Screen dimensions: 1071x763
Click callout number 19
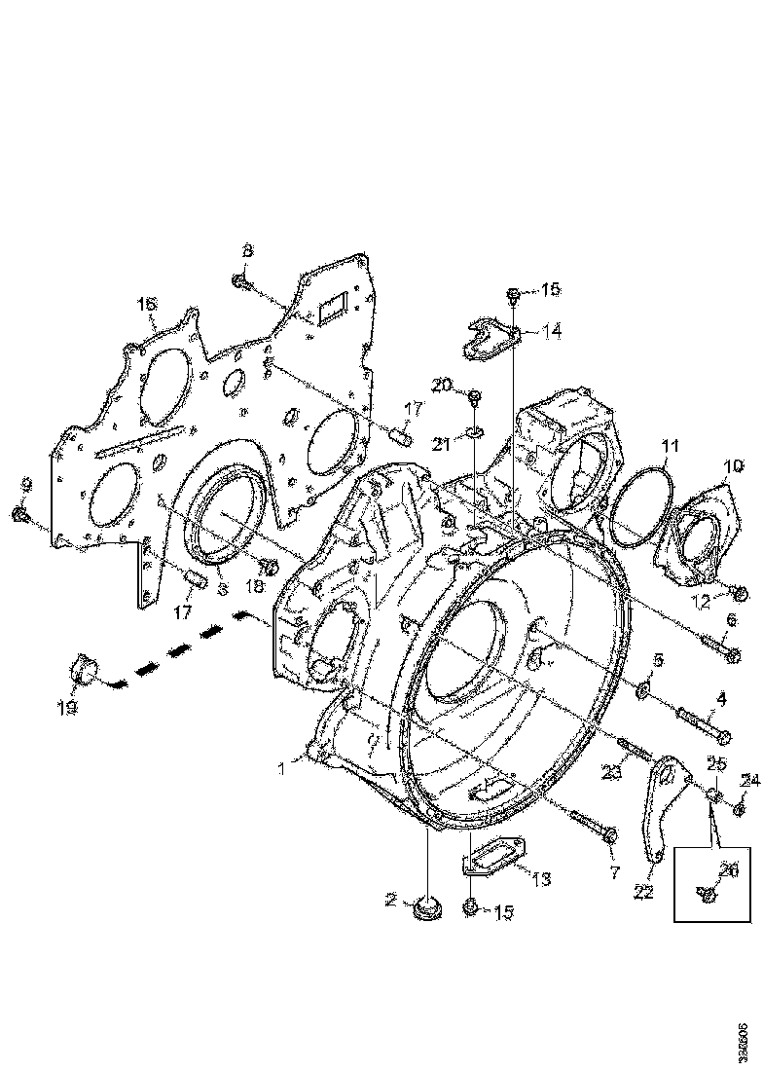click(66, 709)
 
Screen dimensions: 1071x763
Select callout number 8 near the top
click(247, 250)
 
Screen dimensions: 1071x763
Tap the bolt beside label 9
click(18, 513)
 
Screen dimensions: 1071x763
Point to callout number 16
click(146, 306)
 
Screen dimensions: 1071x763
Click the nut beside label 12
click(739, 593)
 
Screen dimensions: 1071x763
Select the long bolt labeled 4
click(701, 726)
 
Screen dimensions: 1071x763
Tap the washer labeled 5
click(642, 691)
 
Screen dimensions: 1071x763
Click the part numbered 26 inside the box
click(708, 890)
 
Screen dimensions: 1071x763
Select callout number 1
click(280, 768)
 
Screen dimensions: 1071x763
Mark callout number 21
click(443, 445)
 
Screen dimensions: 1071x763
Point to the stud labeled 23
click(634, 749)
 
